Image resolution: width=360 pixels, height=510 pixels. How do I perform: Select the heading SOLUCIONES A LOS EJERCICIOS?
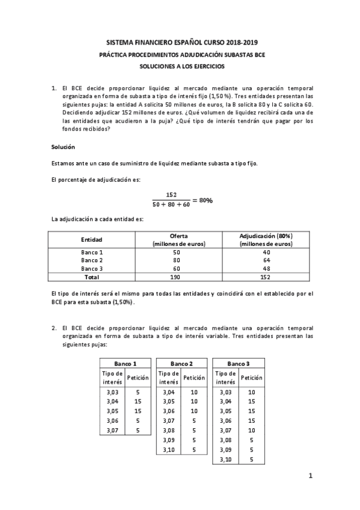[x=179, y=66]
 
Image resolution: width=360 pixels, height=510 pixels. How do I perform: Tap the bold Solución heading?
[x=63, y=147]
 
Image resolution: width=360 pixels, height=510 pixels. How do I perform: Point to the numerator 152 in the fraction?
[x=171, y=194]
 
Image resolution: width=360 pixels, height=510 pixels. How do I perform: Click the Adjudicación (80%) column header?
[x=266, y=236]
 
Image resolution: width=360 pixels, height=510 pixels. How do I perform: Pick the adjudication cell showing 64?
[x=266, y=260]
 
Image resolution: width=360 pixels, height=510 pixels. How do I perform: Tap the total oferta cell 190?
[x=179, y=277]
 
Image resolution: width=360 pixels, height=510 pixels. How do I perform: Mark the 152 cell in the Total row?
[x=266, y=277]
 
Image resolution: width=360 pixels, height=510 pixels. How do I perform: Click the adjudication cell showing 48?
[x=266, y=269]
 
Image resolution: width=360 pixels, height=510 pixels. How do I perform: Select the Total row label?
[x=92, y=277]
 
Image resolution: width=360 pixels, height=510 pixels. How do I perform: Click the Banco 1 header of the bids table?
[x=125, y=364]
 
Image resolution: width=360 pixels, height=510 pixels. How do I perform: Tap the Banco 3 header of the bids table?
[x=239, y=364]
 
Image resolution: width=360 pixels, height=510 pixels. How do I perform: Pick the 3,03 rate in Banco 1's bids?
[x=112, y=392]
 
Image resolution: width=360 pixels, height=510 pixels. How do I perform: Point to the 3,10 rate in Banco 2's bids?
[x=169, y=450]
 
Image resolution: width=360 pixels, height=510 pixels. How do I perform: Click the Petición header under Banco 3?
[x=251, y=378]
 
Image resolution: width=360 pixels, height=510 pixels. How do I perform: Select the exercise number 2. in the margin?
[x=54, y=328]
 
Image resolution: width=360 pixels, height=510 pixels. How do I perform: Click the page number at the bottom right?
[x=311, y=476]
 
